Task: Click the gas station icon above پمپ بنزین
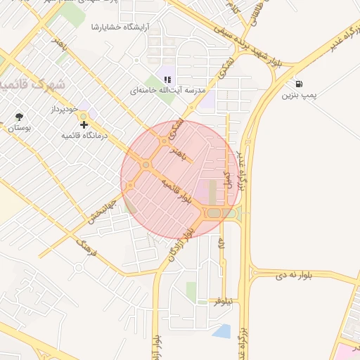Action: [300, 83]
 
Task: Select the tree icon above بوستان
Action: [18, 117]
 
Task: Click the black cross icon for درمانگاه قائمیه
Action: [84, 124]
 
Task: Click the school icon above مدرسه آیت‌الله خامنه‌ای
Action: [167, 80]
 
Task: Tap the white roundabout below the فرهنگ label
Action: [79, 266]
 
